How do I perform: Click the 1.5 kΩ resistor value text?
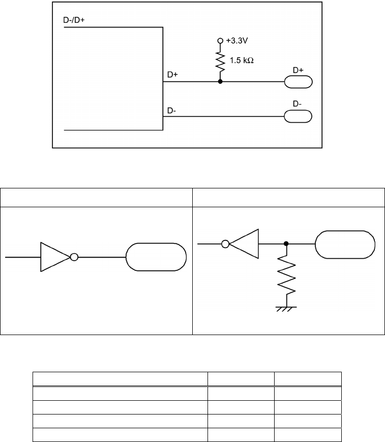[x=242, y=60]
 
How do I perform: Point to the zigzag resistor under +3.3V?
[x=220, y=61]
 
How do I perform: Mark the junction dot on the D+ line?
[x=220, y=81]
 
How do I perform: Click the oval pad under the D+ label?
[x=299, y=81]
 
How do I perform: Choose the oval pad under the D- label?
[x=299, y=116]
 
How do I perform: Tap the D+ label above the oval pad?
[x=299, y=70]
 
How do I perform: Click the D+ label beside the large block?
[x=173, y=75]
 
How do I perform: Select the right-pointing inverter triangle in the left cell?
[x=54, y=257]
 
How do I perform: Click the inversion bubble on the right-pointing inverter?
[x=74, y=257]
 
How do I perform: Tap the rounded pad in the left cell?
[x=156, y=257]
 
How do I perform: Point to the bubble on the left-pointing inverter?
[x=225, y=244]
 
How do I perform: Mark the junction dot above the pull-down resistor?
[x=286, y=244]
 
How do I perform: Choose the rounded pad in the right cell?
[x=345, y=244]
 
